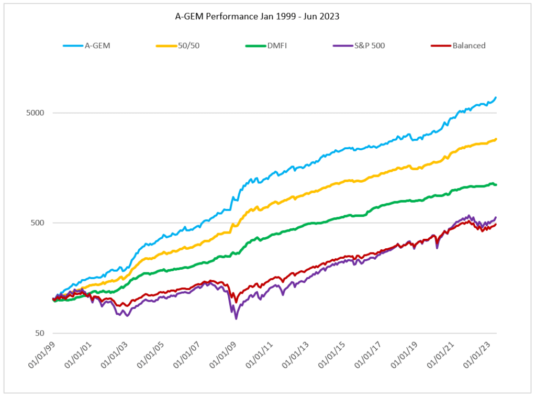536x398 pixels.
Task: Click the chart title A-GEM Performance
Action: (257, 16)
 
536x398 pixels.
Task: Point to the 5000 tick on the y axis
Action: (35, 113)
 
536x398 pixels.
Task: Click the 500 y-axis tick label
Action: (37, 223)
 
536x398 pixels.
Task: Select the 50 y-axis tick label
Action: (39, 333)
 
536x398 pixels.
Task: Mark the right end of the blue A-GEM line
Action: (496, 97)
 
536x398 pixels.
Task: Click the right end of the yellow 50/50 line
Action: (496, 139)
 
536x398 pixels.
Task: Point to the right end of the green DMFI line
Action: (496, 185)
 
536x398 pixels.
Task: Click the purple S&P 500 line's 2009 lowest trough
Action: (236, 318)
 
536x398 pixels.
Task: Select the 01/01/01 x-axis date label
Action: (77, 356)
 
